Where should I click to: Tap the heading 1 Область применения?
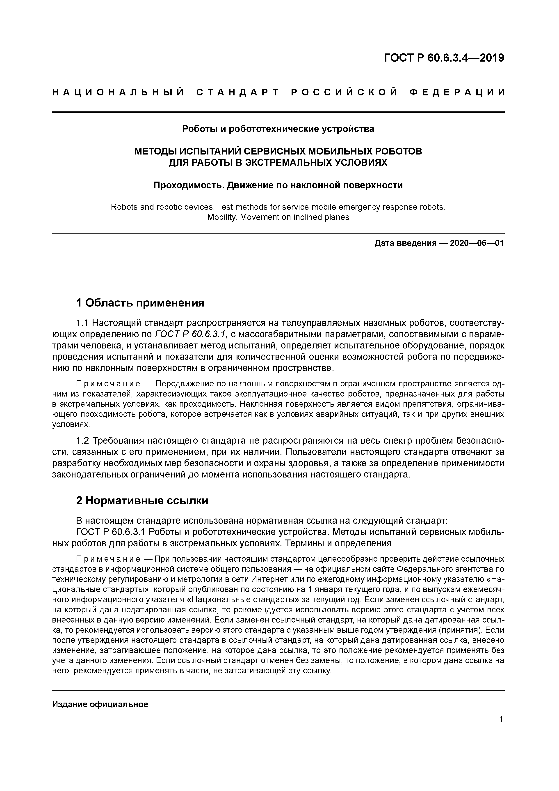tap(140, 303)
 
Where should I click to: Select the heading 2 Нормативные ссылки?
tap(142, 500)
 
